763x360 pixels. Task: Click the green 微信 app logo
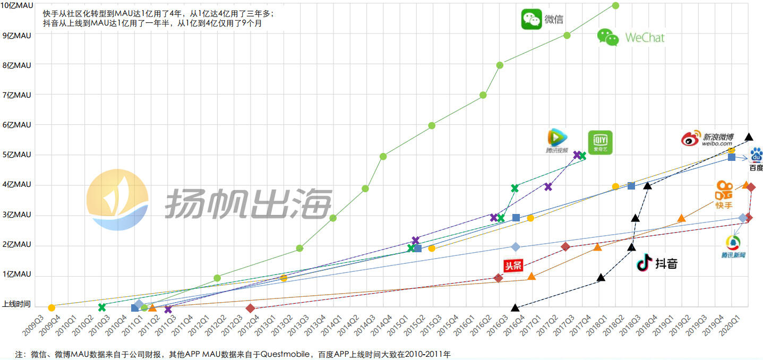coord(531,19)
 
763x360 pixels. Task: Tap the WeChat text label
coord(645,38)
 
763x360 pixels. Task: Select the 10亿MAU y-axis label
coord(17,5)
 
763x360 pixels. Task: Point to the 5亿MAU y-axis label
coord(17,155)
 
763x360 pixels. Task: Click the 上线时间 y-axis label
coord(16,305)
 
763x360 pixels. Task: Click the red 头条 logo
coord(513,265)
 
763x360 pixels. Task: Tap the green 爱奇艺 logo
coord(600,142)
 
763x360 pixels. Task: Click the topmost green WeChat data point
coord(616,5)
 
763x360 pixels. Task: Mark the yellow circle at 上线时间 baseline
coord(52,307)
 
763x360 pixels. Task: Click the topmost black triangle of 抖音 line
coord(749,136)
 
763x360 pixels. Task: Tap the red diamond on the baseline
coord(251,308)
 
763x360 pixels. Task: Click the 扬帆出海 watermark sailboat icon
coord(118,200)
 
